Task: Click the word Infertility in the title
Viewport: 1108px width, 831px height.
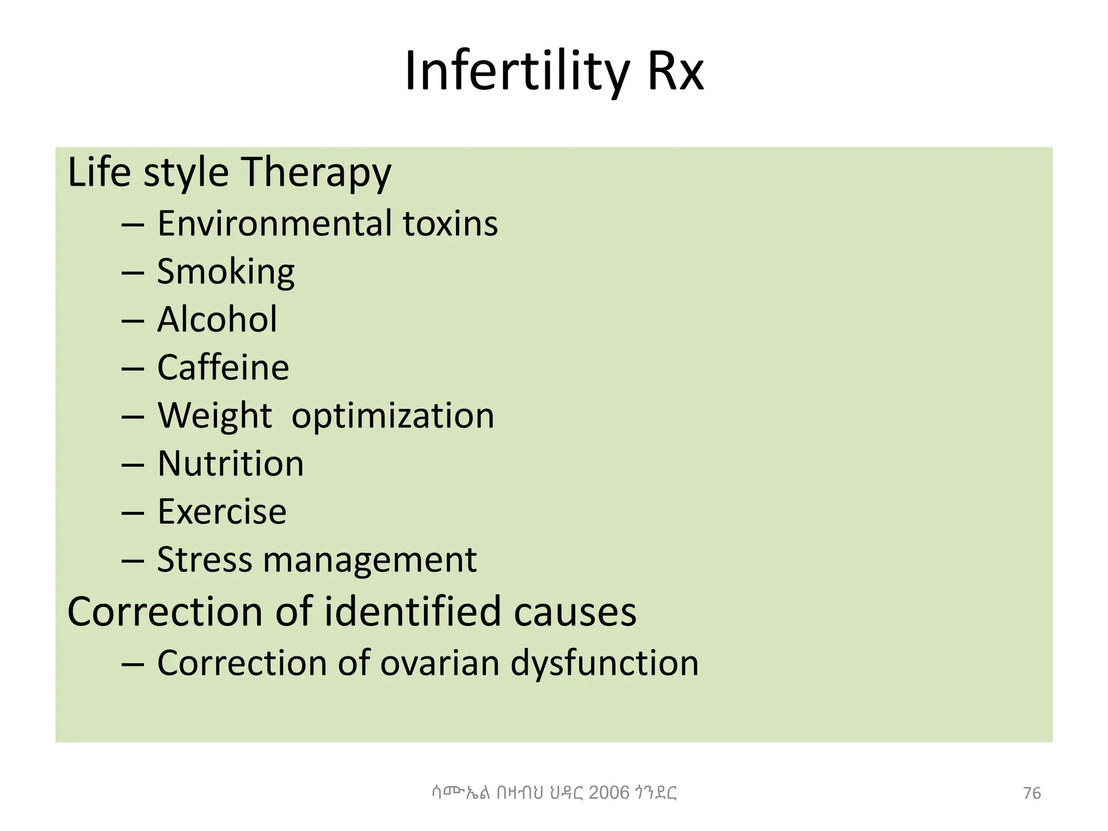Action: click(x=517, y=71)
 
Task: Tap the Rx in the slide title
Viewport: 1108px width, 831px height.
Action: click(x=675, y=71)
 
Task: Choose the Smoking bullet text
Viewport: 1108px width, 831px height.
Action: click(x=226, y=272)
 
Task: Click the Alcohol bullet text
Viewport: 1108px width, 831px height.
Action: click(x=217, y=319)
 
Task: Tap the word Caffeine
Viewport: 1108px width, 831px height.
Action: click(x=223, y=367)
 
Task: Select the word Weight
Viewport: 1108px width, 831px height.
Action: click(x=214, y=416)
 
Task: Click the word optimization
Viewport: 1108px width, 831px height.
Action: click(x=393, y=416)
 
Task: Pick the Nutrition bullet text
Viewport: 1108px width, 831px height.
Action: click(x=230, y=464)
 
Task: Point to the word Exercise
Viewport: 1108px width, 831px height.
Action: click(x=222, y=512)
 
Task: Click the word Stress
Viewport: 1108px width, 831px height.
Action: click(x=204, y=560)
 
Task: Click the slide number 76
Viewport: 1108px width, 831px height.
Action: click(x=1032, y=793)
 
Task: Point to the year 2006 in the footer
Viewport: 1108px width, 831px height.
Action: click(x=609, y=793)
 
